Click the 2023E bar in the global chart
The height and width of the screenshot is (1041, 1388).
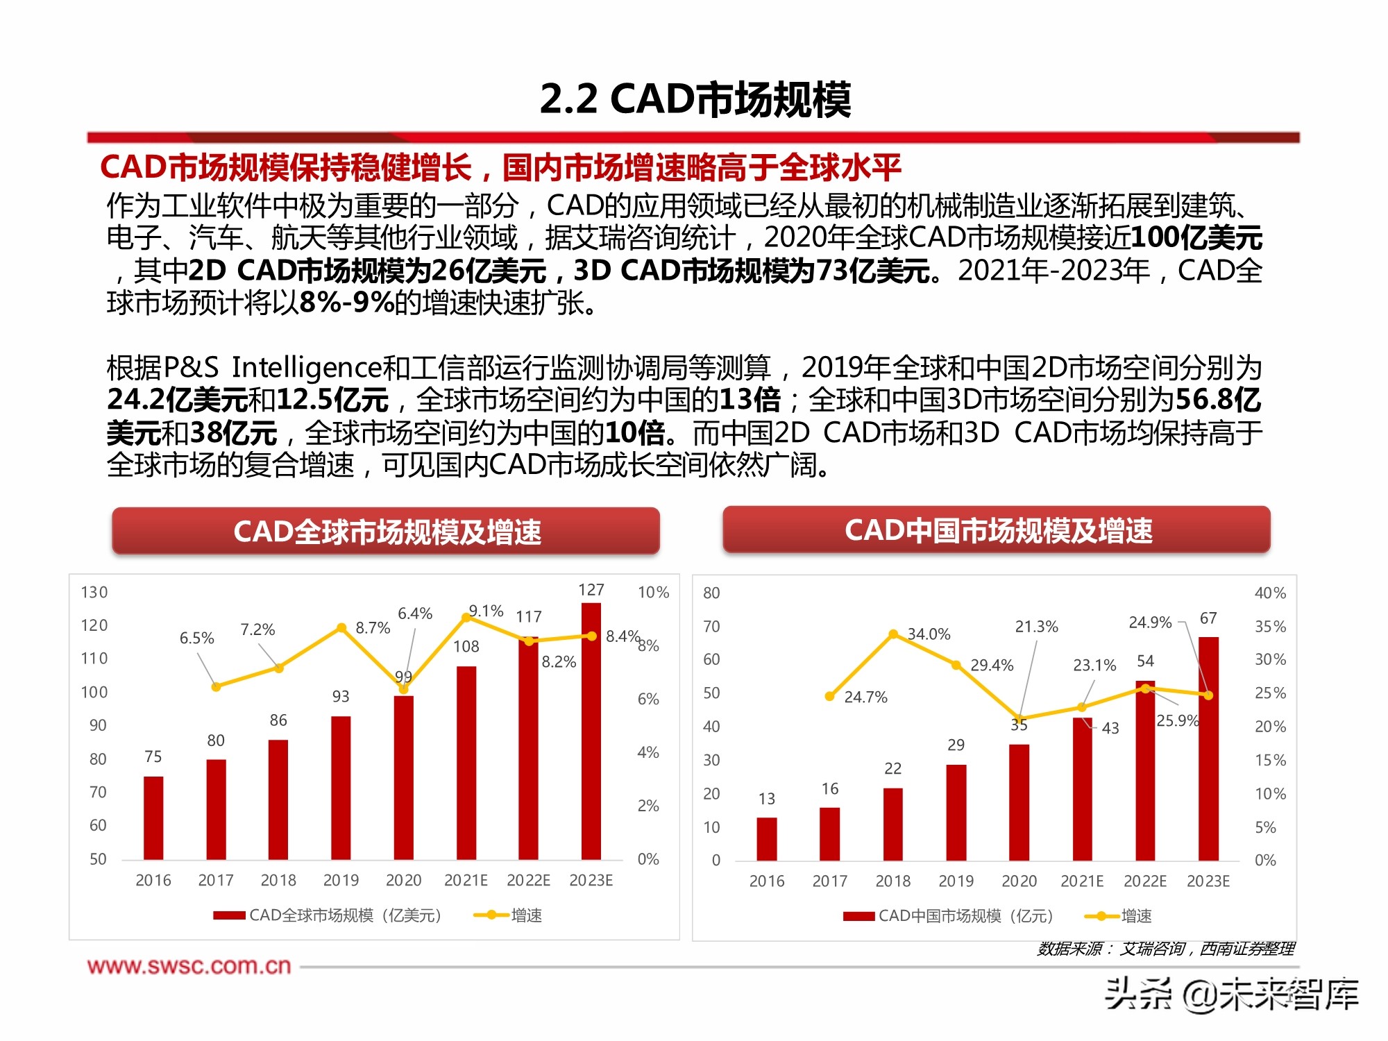point(591,732)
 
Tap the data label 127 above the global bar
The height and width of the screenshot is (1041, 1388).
point(591,590)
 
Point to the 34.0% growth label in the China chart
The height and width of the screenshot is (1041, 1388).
point(929,634)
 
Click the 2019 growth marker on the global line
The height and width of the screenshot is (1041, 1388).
point(341,628)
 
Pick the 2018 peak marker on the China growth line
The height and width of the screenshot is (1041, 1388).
point(893,634)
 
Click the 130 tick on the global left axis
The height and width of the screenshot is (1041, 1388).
point(94,592)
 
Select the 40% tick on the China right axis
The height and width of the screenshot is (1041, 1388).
point(1270,593)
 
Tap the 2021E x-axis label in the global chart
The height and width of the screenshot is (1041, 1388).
point(466,880)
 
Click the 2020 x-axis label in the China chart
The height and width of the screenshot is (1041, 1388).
point(1019,881)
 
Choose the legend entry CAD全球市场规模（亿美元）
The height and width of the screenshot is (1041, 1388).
point(328,915)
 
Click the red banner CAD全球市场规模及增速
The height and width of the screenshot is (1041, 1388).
point(386,532)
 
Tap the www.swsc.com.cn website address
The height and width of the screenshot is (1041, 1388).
point(189,966)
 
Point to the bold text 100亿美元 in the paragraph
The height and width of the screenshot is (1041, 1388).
point(1195,238)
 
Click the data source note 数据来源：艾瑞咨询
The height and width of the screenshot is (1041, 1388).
point(1165,949)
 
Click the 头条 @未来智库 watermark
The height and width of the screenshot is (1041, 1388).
point(1231,994)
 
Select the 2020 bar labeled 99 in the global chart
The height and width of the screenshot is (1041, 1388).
point(403,777)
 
